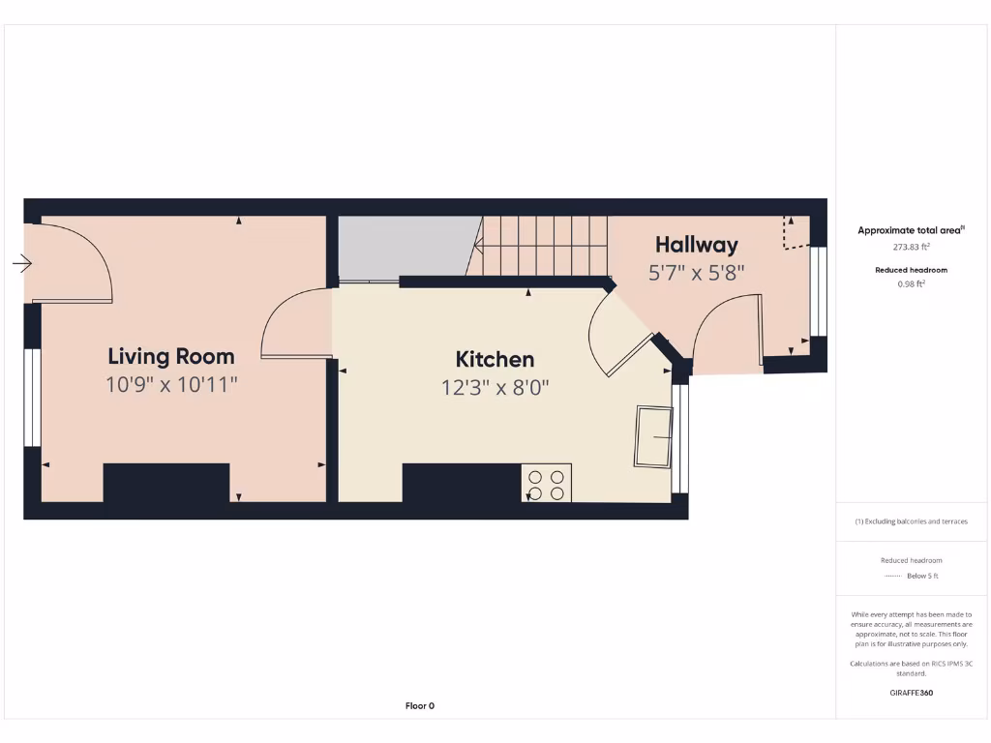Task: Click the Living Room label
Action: (x=171, y=356)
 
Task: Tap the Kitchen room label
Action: (x=495, y=359)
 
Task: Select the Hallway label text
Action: (x=696, y=245)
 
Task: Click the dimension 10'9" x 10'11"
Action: (x=171, y=385)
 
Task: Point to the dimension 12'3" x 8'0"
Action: (x=495, y=387)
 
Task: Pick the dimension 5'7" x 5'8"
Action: (x=696, y=273)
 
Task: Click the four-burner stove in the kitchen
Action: (x=546, y=484)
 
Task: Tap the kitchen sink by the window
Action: (x=653, y=437)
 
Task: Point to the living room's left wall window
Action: (x=32, y=397)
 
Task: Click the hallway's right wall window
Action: (x=819, y=291)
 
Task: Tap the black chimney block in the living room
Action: (x=165, y=483)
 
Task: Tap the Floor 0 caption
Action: (x=419, y=706)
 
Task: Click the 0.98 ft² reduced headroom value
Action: (x=910, y=284)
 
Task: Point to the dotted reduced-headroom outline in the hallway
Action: (x=796, y=234)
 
